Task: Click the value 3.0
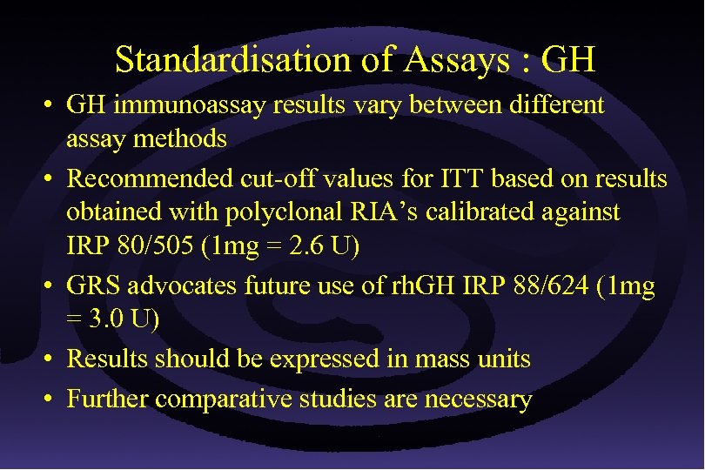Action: coord(107,319)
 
